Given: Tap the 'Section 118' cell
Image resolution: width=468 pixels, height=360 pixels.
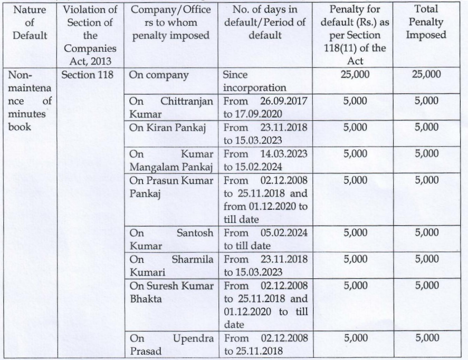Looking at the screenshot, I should [88, 75].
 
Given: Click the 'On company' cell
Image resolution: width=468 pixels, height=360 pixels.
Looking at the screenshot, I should [159, 75].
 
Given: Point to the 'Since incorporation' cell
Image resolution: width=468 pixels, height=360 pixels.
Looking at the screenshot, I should [254, 81].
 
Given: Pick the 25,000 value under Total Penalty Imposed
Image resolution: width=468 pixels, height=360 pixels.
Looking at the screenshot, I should [426, 75].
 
